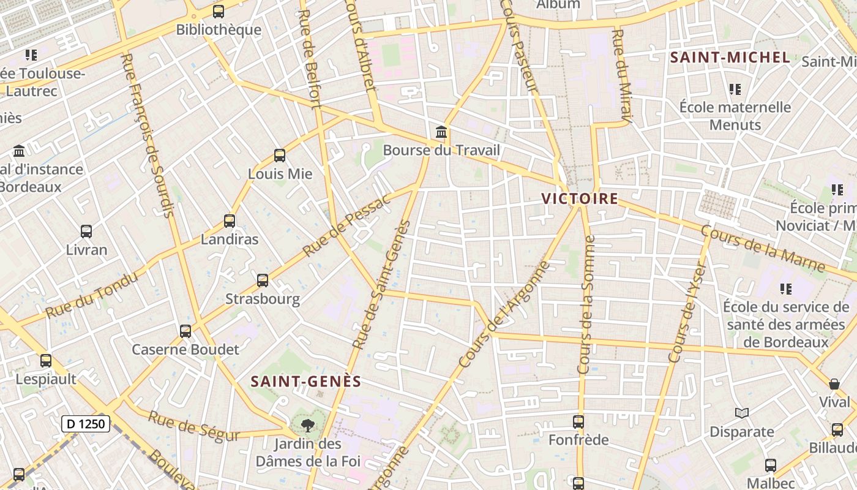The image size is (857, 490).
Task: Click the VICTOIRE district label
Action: click(580, 199)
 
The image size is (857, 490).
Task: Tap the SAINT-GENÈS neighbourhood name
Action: click(306, 382)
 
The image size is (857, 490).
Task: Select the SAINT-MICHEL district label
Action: click(730, 58)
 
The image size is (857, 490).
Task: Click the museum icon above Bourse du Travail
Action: click(441, 132)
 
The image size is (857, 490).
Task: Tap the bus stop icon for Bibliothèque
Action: click(219, 12)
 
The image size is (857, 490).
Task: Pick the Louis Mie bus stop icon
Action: click(280, 156)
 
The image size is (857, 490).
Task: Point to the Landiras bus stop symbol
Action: click(230, 221)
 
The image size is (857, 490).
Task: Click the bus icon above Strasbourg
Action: click(263, 281)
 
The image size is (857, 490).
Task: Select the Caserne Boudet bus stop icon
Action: click(185, 331)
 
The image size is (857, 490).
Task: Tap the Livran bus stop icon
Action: click(86, 232)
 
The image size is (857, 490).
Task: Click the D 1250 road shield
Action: click(86, 423)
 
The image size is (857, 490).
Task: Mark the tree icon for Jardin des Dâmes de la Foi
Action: click(307, 425)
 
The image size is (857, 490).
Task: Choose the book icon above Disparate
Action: click(742, 413)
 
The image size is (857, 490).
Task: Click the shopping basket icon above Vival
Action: click(834, 384)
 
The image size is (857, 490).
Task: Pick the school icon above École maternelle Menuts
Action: click(735, 89)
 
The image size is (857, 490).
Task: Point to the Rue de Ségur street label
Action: click(193, 426)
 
